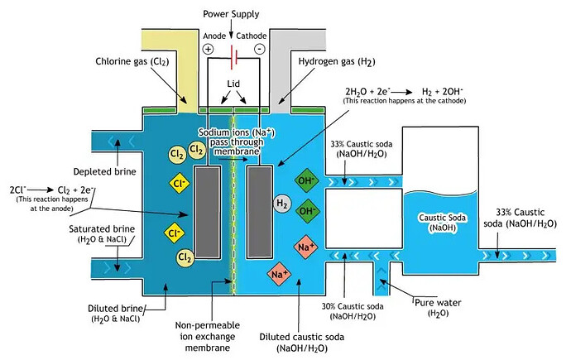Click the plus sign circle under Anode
pyautogui.click(x=208, y=49)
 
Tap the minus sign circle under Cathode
pyautogui.click(x=260, y=49)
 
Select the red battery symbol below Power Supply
pyautogui.click(x=234, y=57)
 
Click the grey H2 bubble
pyautogui.click(x=282, y=203)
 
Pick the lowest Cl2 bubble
pyautogui.click(x=185, y=257)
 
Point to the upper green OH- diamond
pyautogui.click(x=307, y=180)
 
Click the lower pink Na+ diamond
pyautogui.click(x=279, y=274)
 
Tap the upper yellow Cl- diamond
pyautogui.click(x=180, y=183)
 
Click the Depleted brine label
pyautogui.click(x=105, y=171)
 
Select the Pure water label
pyautogui.click(x=438, y=307)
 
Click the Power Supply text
pyautogui.click(x=231, y=14)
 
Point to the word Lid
pyautogui.click(x=233, y=84)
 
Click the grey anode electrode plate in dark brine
pyautogui.click(x=208, y=212)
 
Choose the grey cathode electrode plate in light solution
pyautogui.click(x=260, y=212)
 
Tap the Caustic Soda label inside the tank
pyautogui.click(x=442, y=223)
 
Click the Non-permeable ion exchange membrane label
pyautogui.click(x=208, y=336)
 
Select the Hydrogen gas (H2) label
pyautogui.click(x=337, y=61)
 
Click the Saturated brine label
pyautogui.click(x=102, y=233)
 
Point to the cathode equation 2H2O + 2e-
pyautogui.click(x=368, y=91)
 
